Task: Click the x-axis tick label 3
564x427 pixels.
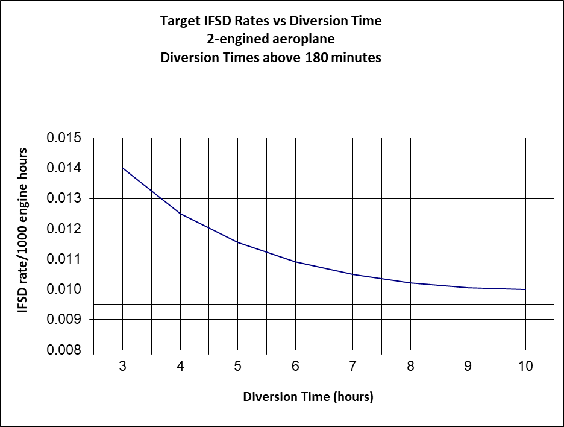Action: tap(123, 366)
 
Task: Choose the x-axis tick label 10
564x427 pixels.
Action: tap(525, 366)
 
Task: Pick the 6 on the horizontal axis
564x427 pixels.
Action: tap(295, 366)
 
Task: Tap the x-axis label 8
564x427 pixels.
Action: tap(410, 366)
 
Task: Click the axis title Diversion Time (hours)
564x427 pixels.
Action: tap(308, 397)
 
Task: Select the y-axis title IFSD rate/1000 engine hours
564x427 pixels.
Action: tap(23, 230)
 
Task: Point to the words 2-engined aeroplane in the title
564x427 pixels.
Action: tap(271, 39)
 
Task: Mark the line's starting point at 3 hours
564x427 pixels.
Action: tap(123, 168)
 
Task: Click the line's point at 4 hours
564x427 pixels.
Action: tap(180, 213)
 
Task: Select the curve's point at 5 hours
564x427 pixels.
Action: tap(238, 242)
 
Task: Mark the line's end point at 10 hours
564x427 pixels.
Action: tap(525, 289)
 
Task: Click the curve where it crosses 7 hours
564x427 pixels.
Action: tap(353, 274)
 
